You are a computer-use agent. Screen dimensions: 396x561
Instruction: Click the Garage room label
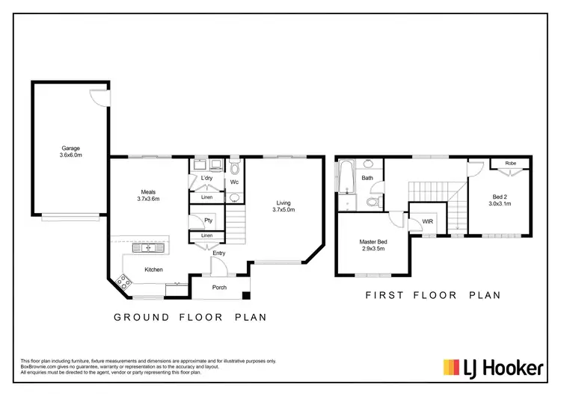tap(71, 152)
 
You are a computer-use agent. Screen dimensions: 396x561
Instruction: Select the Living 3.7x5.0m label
tap(283, 207)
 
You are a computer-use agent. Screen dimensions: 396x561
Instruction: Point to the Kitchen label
tap(154, 270)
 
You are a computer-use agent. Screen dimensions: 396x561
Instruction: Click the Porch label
tap(220, 287)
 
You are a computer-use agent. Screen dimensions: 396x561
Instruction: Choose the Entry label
tap(218, 253)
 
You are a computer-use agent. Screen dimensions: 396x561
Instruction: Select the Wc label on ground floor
tap(234, 182)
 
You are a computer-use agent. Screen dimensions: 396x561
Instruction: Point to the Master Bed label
tap(372, 246)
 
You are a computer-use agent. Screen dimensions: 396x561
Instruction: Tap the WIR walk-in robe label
tap(428, 222)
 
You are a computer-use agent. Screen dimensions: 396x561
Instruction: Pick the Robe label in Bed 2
tap(511, 163)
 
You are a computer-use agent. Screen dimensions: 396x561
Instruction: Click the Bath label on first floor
tap(367, 178)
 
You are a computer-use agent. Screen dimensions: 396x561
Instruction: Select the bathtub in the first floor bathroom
tap(344, 180)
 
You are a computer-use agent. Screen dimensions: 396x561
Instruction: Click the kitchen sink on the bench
tap(143, 247)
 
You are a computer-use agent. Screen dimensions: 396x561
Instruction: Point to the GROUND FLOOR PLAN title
tap(190, 318)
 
